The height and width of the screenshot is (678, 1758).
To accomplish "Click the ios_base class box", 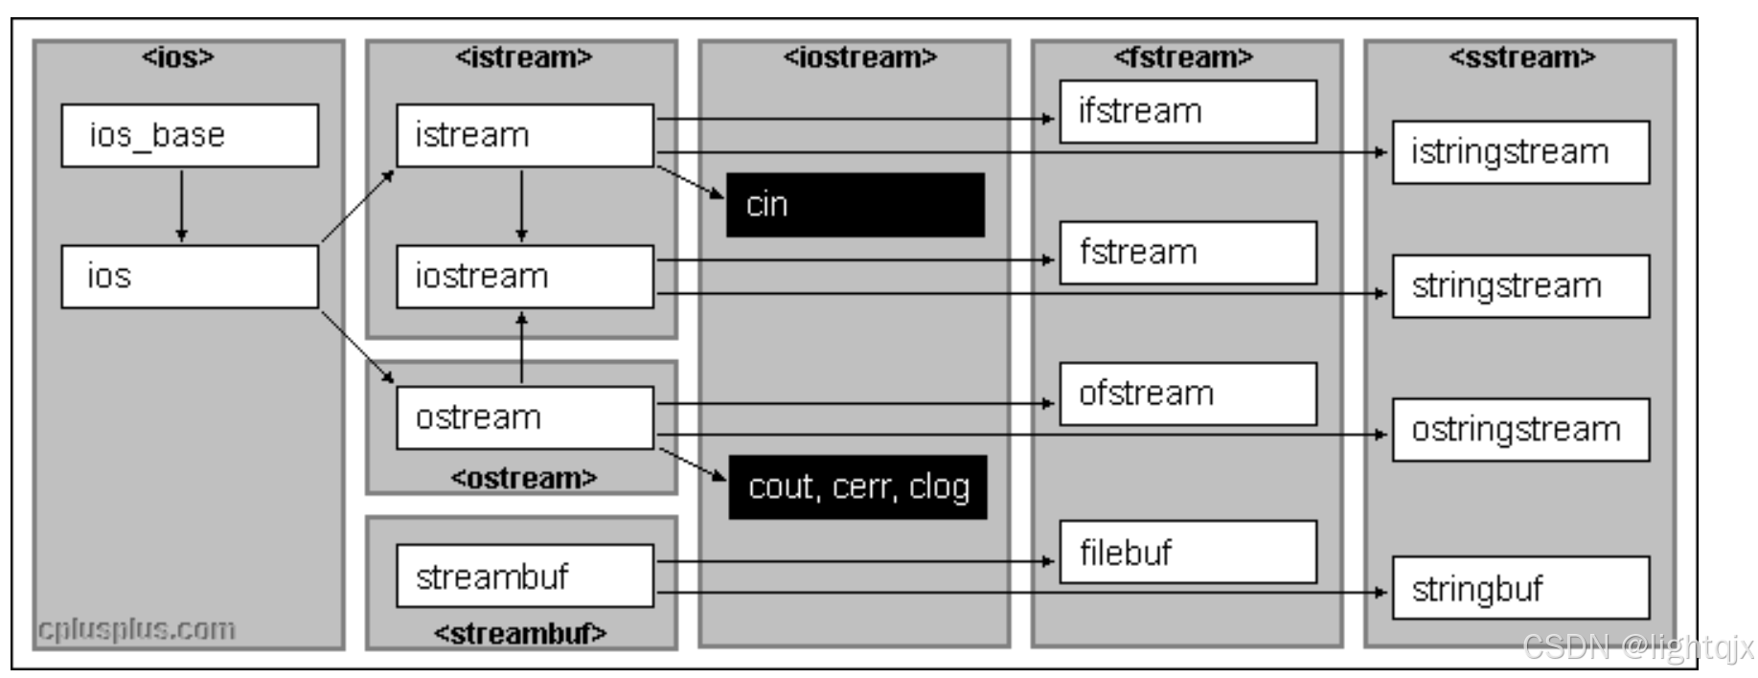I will click(190, 136).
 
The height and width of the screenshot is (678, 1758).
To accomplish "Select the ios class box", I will click(190, 277).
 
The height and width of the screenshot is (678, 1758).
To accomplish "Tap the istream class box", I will click(525, 136).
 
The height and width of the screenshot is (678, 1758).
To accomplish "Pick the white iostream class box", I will click(525, 277).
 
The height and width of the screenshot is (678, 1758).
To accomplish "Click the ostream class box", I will click(525, 418).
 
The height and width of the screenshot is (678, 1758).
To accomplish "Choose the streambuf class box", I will click(525, 576).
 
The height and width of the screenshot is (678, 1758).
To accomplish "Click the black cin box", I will click(855, 205).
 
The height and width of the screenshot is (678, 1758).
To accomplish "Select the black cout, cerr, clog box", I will click(857, 487).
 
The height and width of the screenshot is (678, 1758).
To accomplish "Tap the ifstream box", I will click(1188, 112).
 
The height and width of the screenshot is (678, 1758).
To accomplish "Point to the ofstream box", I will click(1188, 394).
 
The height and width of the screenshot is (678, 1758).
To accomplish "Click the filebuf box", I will click(1188, 553).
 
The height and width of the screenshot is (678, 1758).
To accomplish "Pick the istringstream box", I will click(1520, 152).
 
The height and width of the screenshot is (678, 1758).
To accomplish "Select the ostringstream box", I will click(1520, 430).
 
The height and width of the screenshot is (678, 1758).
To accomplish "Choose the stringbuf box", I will click(1520, 589).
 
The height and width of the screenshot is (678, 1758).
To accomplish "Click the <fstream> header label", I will click(1183, 57).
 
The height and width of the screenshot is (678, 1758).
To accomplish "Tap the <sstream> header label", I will click(1521, 57).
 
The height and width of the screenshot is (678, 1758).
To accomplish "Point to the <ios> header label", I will click(178, 57).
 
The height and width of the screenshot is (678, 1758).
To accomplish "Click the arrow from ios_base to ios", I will click(182, 205).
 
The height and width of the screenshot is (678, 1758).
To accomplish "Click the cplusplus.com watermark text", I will click(136, 629).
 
